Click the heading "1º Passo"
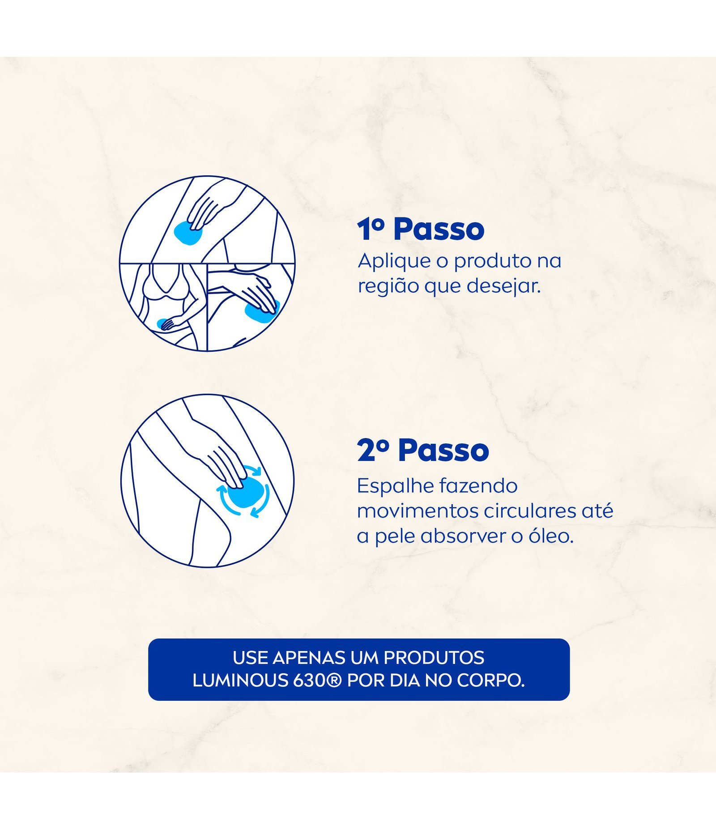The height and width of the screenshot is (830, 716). [421, 230]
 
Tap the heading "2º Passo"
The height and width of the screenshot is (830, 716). [423, 450]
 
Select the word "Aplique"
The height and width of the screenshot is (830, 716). [394, 261]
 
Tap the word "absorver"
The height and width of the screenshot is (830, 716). [464, 536]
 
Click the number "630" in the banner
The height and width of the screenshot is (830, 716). [308, 681]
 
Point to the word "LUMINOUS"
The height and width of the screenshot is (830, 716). [240, 681]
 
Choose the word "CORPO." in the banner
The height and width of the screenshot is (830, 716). [490, 681]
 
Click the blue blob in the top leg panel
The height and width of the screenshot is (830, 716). [188, 233]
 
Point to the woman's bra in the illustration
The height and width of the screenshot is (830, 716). [164, 283]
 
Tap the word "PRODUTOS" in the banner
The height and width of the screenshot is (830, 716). [434, 658]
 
